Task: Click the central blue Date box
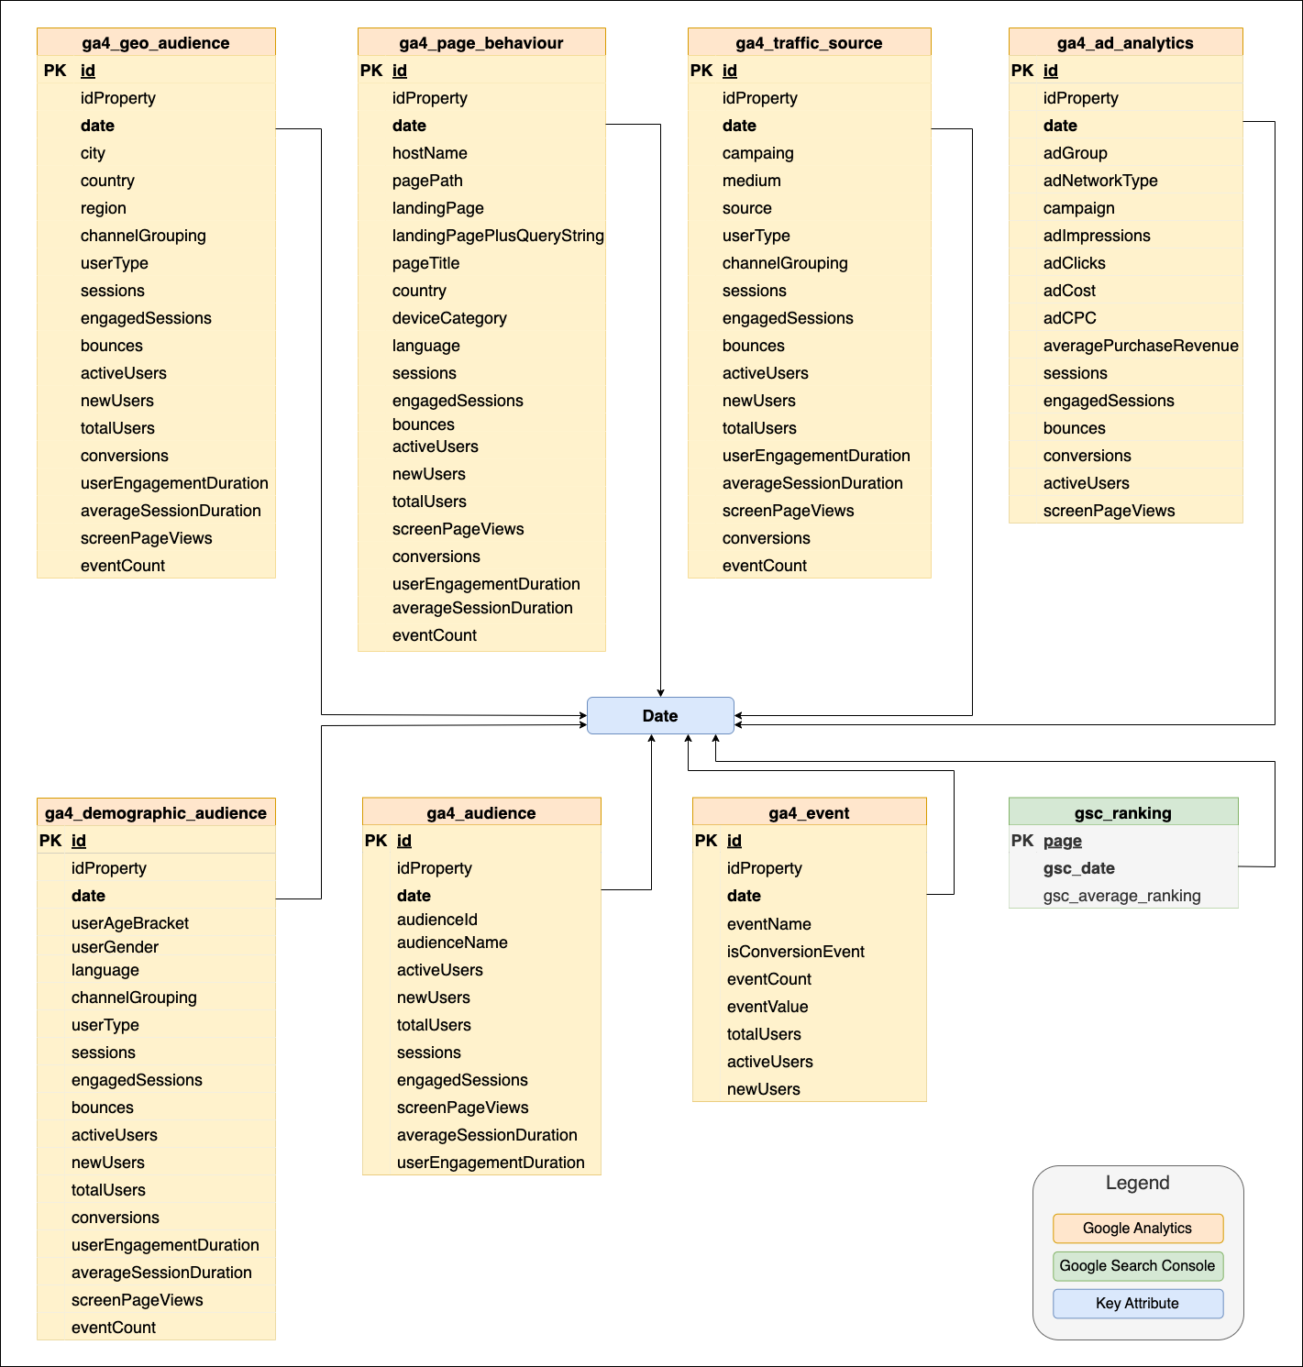(660, 716)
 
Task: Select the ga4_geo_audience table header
(156, 43)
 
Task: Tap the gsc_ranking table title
(1122, 813)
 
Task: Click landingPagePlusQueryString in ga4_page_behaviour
(498, 236)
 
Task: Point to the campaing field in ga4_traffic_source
(757, 153)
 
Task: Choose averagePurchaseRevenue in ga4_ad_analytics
(1140, 346)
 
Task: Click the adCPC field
(1069, 318)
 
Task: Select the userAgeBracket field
(130, 923)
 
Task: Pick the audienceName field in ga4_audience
(452, 943)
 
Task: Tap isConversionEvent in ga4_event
(795, 952)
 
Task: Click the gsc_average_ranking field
(1121, 896)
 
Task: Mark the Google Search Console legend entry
(1137, 1266)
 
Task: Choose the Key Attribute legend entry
(1137, 1304)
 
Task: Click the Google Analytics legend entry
(1137, 1229)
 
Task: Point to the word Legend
(1137, 1183)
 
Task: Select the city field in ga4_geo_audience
(93, 153)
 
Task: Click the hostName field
(429, 153)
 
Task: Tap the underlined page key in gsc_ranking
(1062, 841)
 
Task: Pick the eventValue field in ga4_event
(767, 1007)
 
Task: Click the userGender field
(115, 947)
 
